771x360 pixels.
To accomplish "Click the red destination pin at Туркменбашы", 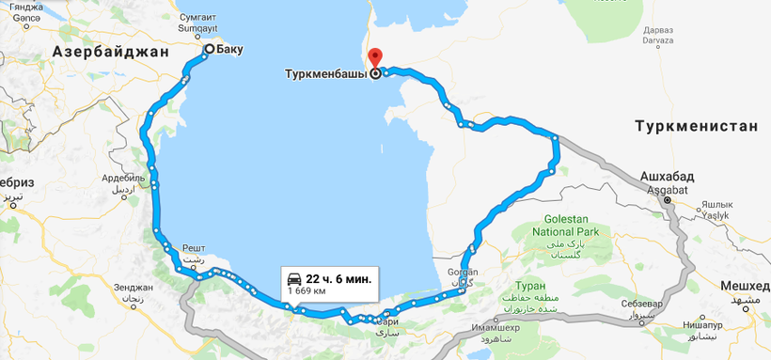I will click(374, 57).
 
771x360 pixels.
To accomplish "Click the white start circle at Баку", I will click(209, 49).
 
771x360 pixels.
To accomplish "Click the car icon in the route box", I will click(294, 279).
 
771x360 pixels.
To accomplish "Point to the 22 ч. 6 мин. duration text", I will click(338, 279).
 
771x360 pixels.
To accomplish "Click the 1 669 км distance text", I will click(307, 292).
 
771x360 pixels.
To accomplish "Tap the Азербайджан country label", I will click(111, 53).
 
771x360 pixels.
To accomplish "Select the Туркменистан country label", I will click(696, 126).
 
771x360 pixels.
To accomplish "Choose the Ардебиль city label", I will click(123, 177).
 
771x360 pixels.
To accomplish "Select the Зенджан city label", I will click(133, 288).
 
